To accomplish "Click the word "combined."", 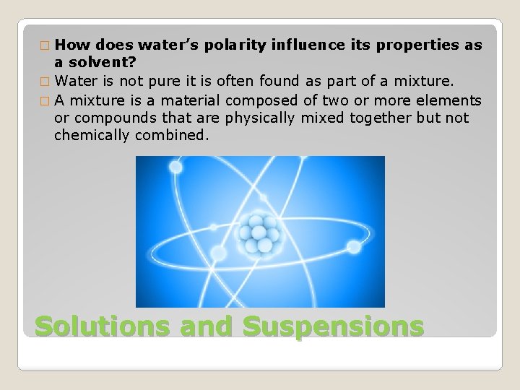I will (172, 135).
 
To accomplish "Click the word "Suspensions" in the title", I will (333, 326).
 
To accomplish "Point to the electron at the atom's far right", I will (354, 247).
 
